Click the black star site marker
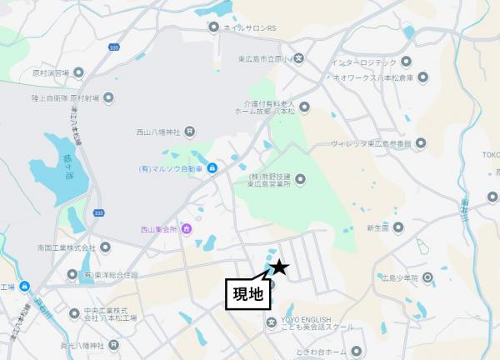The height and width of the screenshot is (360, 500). [x=279, y=267]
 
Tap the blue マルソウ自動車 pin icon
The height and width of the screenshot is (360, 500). [x=212, y=170]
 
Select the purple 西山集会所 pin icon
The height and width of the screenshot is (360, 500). [x=185, y=228]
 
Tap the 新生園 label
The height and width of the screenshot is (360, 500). [x=377, y=227]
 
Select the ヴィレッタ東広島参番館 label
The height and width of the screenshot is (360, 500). [x=371, y=144]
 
